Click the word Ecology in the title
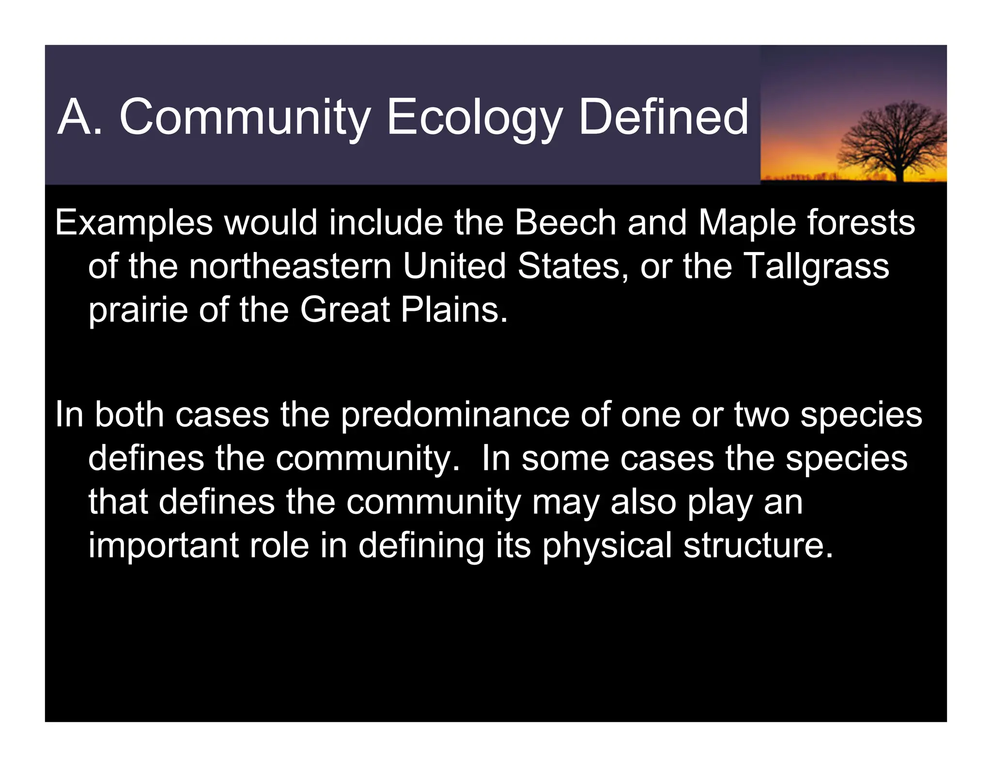point(474,117)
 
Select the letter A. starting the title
point(80,117)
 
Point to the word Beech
point(565,223)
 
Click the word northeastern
point(290,266)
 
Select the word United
point(454,266)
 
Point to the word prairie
point(138,311)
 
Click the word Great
point(345,310)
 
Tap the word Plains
point(454,310)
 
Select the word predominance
point(455,416)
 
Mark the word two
point(762,415)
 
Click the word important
point(164,546)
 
